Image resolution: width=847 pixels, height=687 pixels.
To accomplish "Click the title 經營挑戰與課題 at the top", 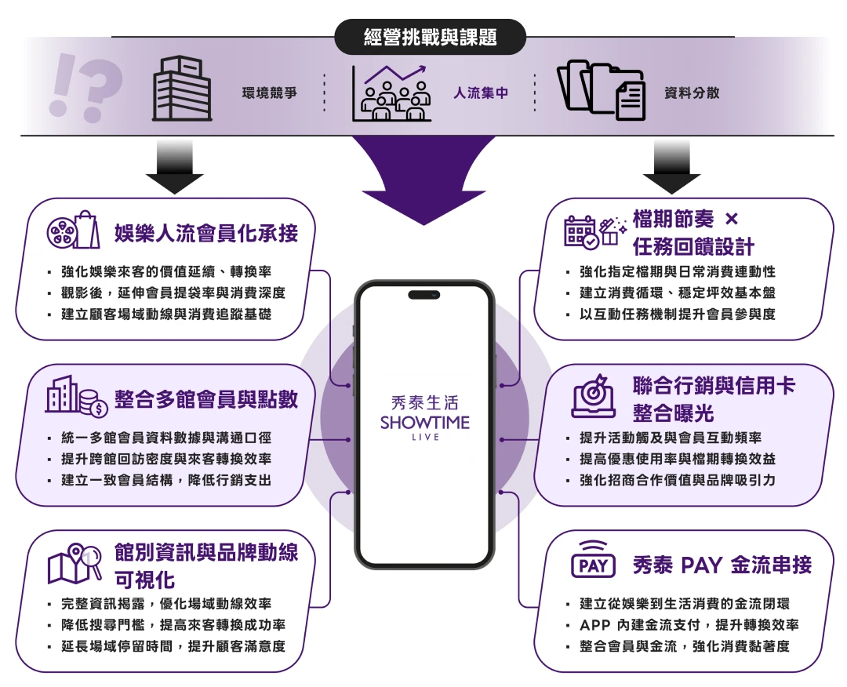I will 430,37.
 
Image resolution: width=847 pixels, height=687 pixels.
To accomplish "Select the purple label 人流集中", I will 480,93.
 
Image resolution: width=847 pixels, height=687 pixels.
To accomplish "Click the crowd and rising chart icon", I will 391,93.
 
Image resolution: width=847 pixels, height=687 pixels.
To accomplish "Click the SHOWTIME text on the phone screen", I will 424,423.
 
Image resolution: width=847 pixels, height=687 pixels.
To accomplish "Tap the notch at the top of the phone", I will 424,294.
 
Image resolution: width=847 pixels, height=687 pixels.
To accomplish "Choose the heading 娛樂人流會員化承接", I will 205,233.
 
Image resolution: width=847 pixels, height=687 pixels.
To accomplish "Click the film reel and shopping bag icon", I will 75,231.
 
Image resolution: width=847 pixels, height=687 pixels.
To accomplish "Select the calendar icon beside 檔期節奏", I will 582,232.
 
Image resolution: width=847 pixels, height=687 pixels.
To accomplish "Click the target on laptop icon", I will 594,396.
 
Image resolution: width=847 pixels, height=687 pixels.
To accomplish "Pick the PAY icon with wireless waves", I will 594,562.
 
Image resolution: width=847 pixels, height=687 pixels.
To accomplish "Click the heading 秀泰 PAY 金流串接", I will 722,565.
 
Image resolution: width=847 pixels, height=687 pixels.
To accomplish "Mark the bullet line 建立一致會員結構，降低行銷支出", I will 165,480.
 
